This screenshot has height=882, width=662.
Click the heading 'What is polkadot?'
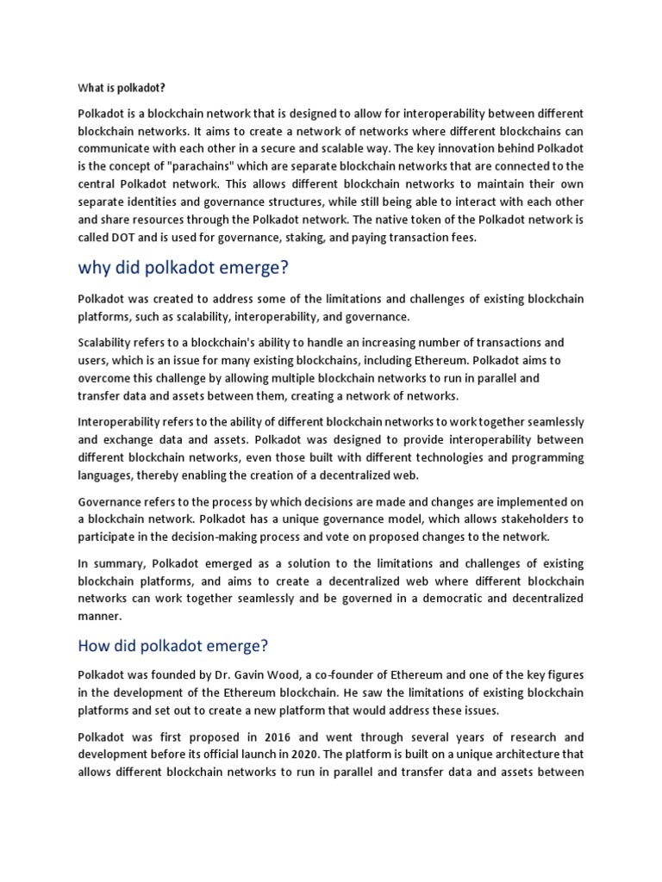[122, 88]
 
